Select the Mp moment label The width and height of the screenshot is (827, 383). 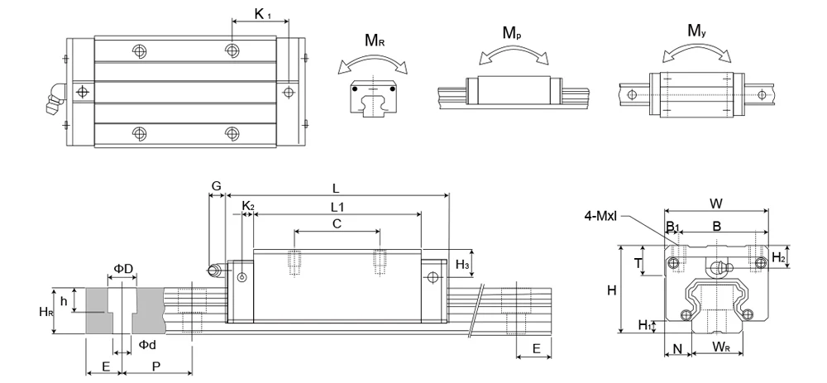coord(514,32)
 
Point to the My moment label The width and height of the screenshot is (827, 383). coord(697,31)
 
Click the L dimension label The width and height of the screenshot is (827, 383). coord(335,187)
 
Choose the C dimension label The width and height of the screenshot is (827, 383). coord(337,223)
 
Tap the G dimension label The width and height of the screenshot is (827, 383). coord(216,187)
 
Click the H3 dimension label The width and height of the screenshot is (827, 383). coord(463,264)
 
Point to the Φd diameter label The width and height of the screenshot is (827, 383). coord(147,343)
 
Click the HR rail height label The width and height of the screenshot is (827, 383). coord(46,311)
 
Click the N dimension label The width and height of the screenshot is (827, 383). coord(678,348)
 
